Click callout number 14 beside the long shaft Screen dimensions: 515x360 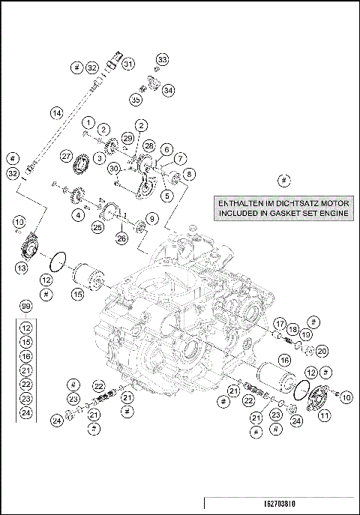click(56, 113)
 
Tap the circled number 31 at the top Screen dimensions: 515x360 click(128, 64)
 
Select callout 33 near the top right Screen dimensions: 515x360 click(163, 59)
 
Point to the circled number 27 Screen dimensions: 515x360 click(67, 156)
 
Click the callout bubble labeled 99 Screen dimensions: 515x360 click(26, 307)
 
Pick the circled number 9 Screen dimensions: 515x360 click(151, 219)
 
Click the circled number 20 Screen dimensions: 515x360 click(322, 350)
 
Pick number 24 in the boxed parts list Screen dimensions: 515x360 click(26, 412)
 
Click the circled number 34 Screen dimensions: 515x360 click(168, 90)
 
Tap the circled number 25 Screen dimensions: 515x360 click(97, 226)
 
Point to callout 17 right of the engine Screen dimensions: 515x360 click(279, 324)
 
